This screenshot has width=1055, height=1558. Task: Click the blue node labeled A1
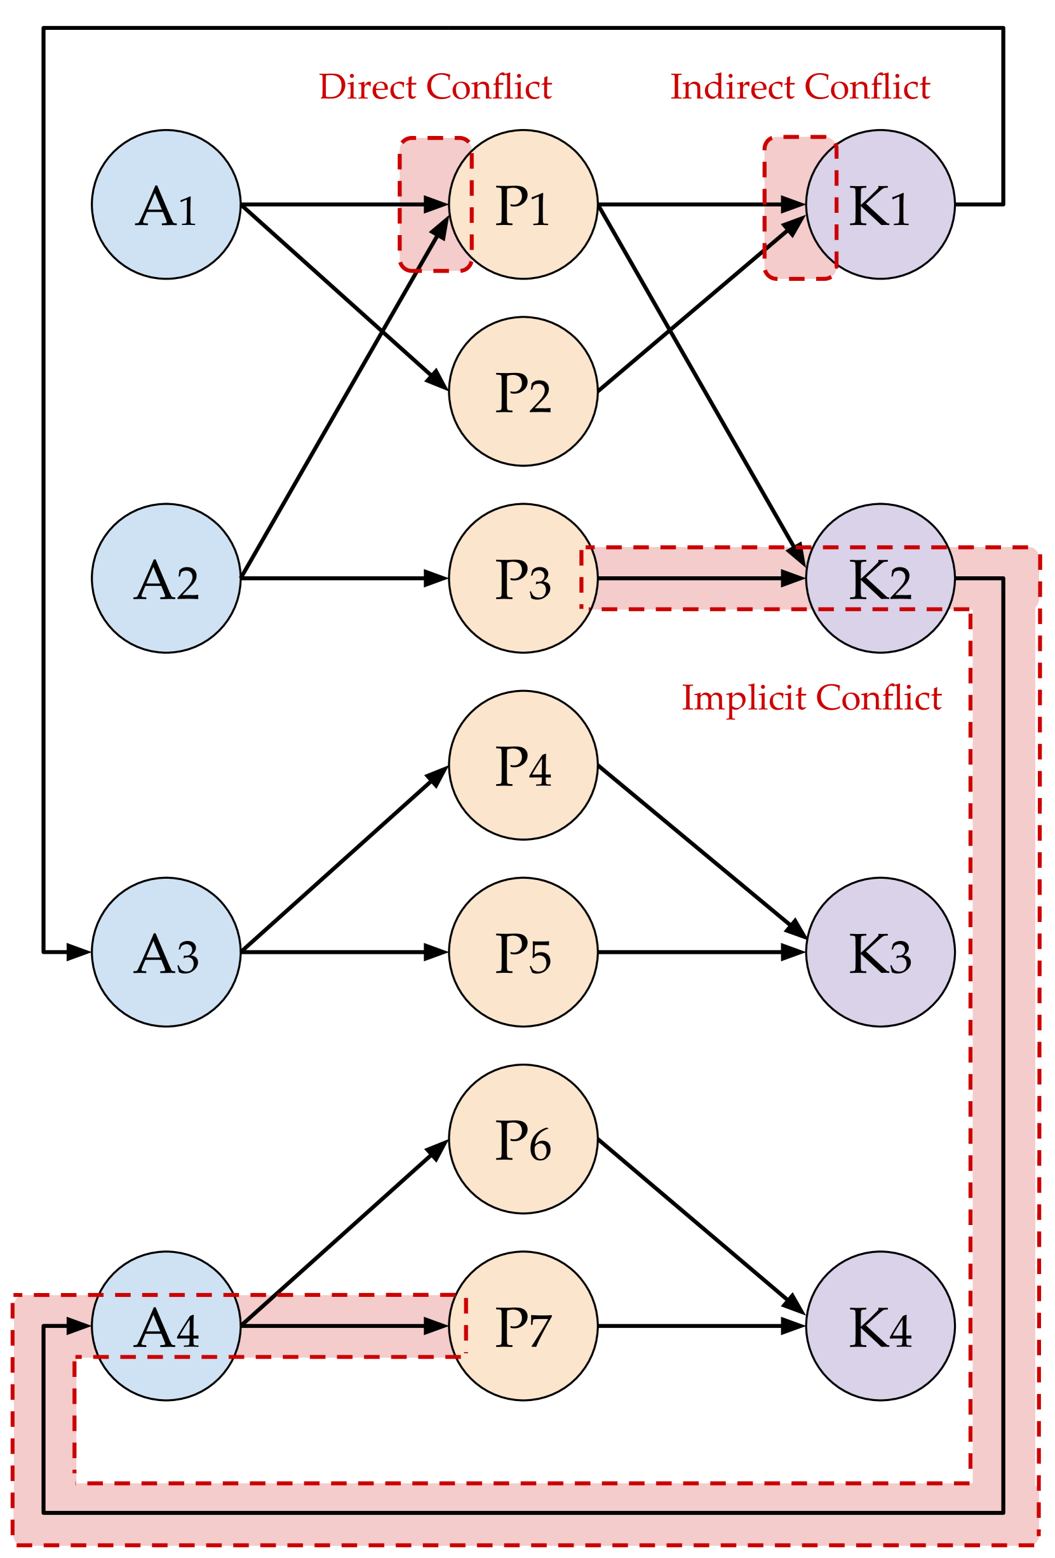[166, 205]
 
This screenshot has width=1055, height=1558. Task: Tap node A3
[166, 952]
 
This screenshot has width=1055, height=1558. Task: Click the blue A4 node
[166, 1327]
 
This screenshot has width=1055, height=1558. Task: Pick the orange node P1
[523, 205]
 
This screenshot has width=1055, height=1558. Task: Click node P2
[523, 391]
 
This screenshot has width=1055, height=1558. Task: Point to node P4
[523, 766]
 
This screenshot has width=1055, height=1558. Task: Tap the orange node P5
[523, 952]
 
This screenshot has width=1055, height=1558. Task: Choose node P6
[523, 1140]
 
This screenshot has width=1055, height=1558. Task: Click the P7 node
[523, 1327]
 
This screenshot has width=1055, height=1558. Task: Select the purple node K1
[880, 205]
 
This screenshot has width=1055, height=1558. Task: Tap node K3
[880, 952]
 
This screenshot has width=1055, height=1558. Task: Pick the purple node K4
[880, 1327]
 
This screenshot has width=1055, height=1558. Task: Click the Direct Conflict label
[436, 87]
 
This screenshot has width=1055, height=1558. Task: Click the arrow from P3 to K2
[701, 578]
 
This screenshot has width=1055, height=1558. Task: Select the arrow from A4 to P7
[345, 1326]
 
